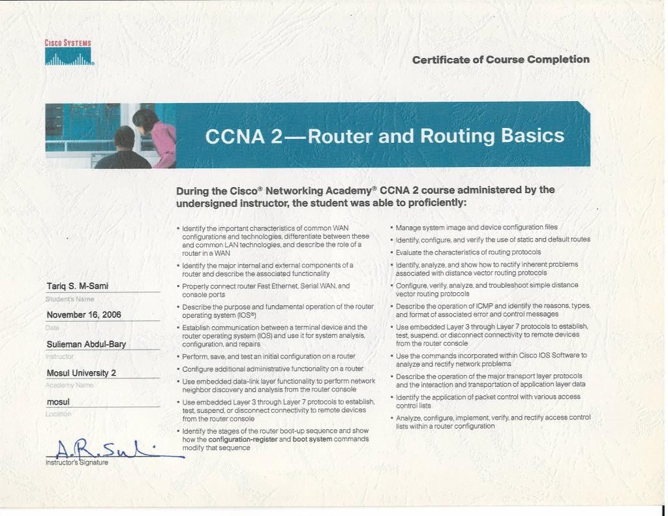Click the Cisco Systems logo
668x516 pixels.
tap(68, 53)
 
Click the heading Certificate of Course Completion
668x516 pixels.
tap(500, 59)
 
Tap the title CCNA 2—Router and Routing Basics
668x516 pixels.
tap(384, 136)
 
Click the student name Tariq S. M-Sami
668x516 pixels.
tap(78, 286)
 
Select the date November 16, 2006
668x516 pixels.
tap(84, 314)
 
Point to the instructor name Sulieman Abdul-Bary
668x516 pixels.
tap(86, 344)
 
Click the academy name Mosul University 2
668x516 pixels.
tap(82, 373)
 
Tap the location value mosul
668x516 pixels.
tap(58, 402)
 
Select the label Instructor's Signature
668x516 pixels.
tap(77, 463)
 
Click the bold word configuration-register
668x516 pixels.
tap(243, 440)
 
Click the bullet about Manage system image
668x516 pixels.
tap(476, 227)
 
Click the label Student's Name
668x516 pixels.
tap(70, 299)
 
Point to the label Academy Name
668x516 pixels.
tap(70, 386)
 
